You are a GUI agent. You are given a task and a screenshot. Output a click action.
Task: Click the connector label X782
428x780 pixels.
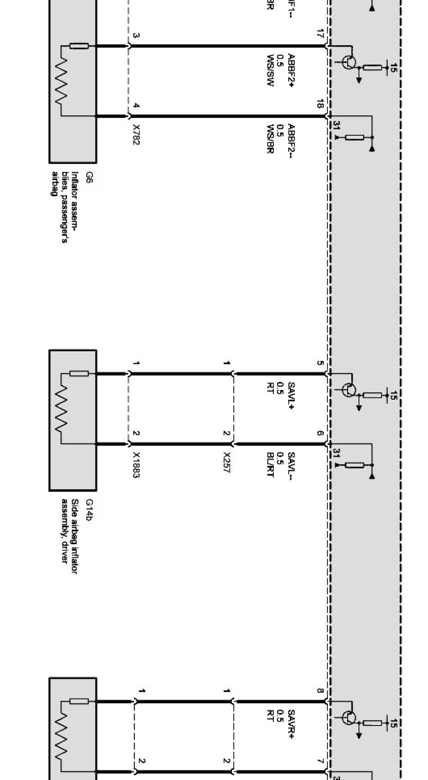point(136,134)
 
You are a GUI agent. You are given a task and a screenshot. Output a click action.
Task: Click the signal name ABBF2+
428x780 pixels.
point(291,71)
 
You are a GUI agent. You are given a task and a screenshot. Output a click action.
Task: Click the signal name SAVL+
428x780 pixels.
point(291,396)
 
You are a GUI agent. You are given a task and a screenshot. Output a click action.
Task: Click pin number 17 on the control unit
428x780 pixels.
point(320,33)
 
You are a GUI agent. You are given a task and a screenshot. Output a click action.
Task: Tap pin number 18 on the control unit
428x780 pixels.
point(320,104)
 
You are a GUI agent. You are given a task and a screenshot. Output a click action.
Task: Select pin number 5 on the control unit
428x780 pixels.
point(320,363)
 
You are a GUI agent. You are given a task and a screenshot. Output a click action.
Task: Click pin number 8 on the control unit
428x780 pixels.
point(320,691)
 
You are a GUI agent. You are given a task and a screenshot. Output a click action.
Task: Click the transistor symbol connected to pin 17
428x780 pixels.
point(349,62)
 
